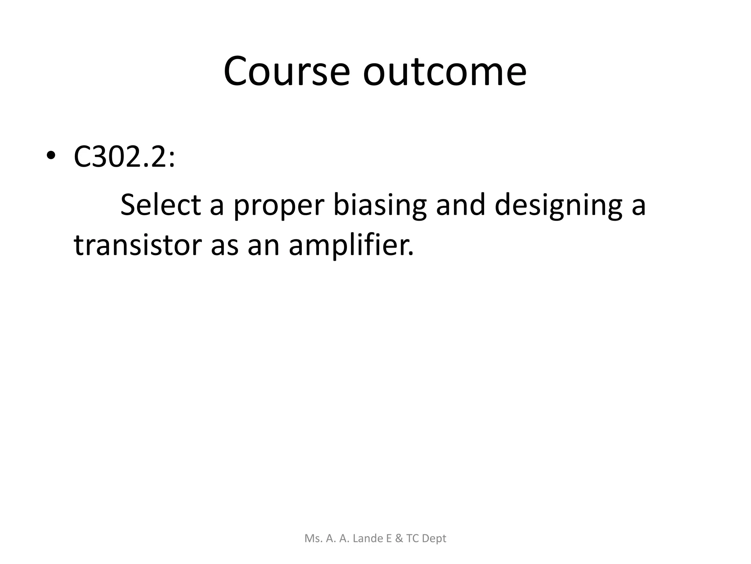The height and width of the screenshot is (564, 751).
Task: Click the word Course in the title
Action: pos(286,71)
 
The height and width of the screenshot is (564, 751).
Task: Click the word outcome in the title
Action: pos(444,71)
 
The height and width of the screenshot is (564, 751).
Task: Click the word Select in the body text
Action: pos(161,205)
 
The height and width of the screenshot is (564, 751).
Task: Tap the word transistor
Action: pos(138,245)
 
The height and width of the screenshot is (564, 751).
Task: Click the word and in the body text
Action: pos(459,205)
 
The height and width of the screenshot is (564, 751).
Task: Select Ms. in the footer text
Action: pos(312,538)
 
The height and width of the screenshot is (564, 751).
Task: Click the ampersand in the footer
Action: pos(399,538)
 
